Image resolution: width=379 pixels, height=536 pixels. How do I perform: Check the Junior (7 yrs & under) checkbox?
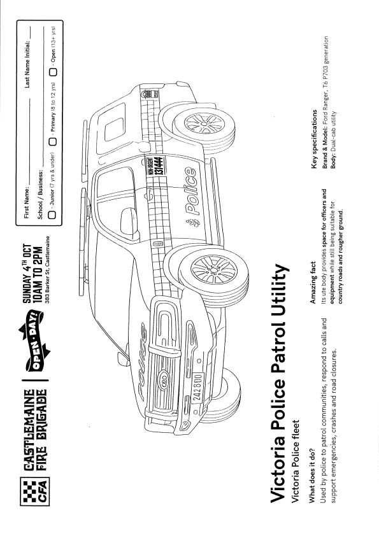[52, 215]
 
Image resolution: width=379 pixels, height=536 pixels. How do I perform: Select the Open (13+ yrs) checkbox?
[54, 72]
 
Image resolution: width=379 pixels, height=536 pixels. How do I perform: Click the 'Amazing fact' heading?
[313, 283]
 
